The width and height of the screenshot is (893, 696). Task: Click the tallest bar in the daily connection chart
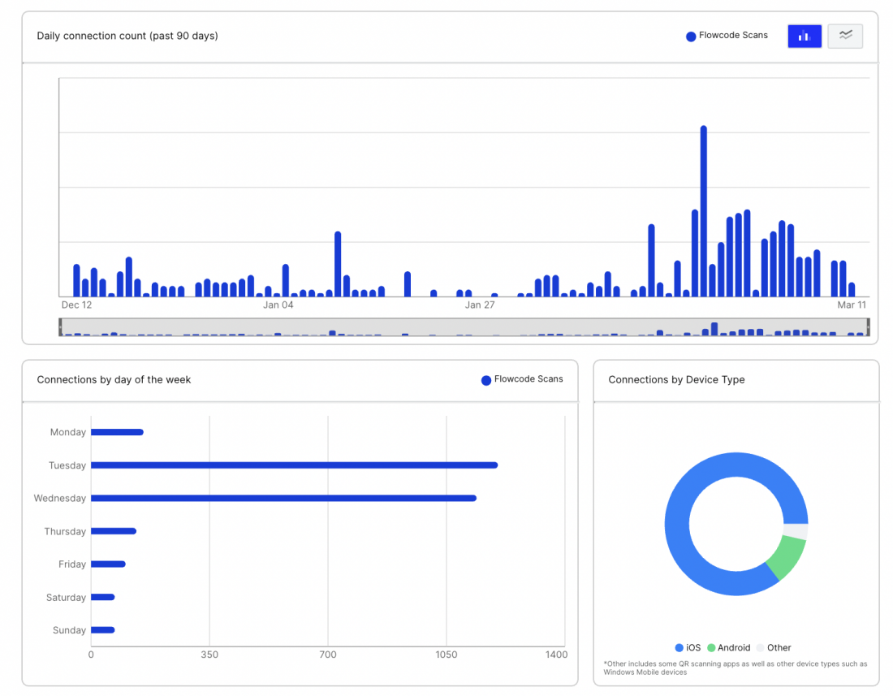tap(703, 211)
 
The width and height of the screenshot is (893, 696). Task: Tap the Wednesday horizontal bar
tap(283, 498)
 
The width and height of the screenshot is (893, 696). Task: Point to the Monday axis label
tap(68, 433)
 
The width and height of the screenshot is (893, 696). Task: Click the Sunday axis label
tap(69, 630)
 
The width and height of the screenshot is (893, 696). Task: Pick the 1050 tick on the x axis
tap(446, 655)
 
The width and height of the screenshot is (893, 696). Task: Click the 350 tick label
tap(209, 655)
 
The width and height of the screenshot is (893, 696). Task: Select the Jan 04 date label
tap(278, 305)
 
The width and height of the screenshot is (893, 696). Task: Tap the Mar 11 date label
tap(852, 305)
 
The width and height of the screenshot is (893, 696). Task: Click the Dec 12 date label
tap(77, 305)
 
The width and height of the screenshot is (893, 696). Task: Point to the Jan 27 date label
tap(480, 305)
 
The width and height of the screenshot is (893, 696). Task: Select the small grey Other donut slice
tap(796, 531)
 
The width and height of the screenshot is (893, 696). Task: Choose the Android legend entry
tap(729, 648)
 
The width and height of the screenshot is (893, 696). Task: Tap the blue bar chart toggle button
tap(805, 36)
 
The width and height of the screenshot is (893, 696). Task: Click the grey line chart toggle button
tap(845, 36)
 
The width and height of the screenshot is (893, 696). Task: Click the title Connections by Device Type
tap(676, 379)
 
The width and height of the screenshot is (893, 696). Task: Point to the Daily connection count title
tap(127, 36)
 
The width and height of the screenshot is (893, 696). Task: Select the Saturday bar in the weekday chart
tap(103, 597)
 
